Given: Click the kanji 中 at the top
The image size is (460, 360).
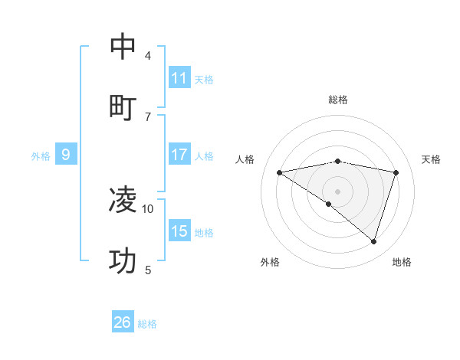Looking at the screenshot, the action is tap(123, 47).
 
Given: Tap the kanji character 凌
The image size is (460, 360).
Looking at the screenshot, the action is tap(123, 200).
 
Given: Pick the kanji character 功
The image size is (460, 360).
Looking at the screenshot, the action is tap(123, 261).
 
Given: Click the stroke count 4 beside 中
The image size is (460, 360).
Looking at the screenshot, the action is tap(148, 55).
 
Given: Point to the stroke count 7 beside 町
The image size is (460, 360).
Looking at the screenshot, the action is tap(148, 116).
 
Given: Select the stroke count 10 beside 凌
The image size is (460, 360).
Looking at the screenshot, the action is tap(148, 208).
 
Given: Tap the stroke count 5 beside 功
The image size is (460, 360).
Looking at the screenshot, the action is tap(148, 270).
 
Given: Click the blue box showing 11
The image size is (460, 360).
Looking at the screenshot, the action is tap(179, 78).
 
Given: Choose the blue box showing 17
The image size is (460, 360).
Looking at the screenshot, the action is tap(179, 155).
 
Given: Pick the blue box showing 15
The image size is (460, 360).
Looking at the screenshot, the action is tap(179, 231).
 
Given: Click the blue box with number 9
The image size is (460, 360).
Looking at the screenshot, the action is tap(66, 155).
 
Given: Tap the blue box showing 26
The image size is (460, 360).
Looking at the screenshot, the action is tap(123, 322).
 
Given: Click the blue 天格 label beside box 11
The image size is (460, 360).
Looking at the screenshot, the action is tap(204, 79).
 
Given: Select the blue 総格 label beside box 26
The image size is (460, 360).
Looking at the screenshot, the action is tap(147, 323).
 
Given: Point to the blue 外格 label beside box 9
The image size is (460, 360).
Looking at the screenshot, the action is tap(41, 155).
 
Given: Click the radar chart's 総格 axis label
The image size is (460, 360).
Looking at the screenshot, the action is tap(338, 100).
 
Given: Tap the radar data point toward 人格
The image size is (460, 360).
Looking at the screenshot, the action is tap(279, 172).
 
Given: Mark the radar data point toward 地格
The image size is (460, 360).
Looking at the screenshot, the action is tap(373, 241).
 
